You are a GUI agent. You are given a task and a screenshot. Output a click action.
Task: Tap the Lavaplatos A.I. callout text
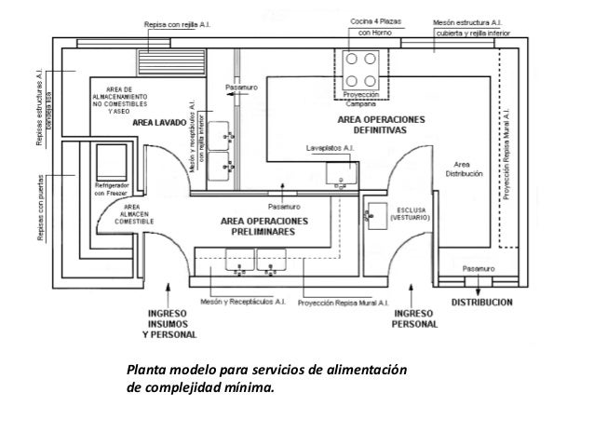point(331,148)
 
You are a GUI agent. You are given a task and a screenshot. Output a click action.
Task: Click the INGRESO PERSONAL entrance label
point(412,318)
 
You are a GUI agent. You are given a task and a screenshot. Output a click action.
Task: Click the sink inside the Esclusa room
point(377,214)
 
